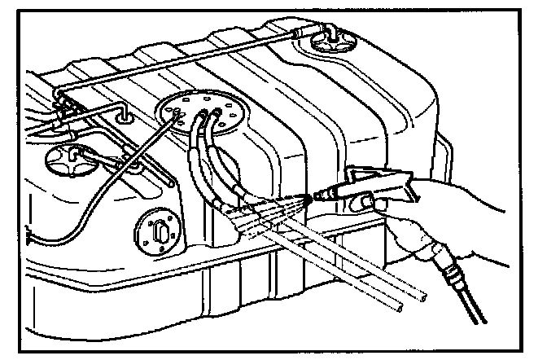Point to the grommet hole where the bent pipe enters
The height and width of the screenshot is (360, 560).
tap(125, 117)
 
